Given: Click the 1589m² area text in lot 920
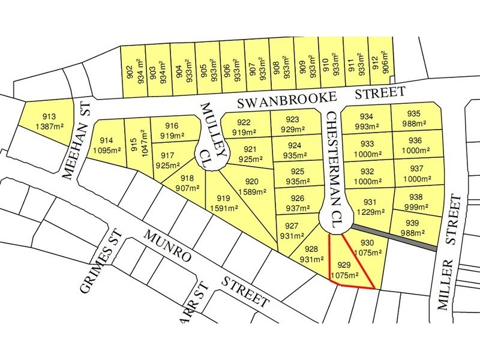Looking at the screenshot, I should click(x=252, y=192).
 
